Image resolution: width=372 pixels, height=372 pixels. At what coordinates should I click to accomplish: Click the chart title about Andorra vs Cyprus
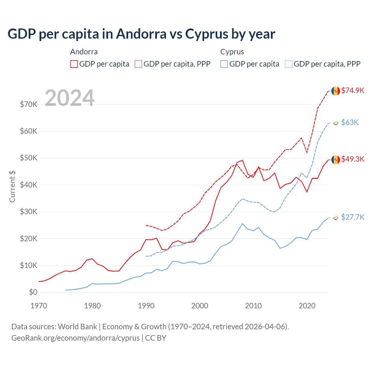[x=141, y=34]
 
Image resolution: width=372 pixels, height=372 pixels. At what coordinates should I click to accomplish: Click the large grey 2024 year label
[x=69, y=98]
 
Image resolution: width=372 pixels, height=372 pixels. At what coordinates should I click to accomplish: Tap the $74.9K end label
[x=353, y=90]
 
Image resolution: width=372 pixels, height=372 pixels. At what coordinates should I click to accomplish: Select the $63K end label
[x=350, y=122]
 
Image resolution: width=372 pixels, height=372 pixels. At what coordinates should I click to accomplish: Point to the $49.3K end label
[x=353, y=159]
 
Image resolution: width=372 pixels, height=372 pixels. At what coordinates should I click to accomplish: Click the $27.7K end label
[x=353, y=217]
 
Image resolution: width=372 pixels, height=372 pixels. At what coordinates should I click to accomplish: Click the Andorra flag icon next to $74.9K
[x=336, y=91]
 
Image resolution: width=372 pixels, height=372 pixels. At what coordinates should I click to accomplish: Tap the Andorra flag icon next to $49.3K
[x=336, y=160]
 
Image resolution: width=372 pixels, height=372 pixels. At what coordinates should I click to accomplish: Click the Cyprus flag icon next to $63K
[x=336, y=123]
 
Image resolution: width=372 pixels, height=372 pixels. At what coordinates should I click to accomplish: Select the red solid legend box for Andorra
[x=74, y=64]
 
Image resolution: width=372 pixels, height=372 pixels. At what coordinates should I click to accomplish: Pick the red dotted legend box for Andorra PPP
[x=138, y=64]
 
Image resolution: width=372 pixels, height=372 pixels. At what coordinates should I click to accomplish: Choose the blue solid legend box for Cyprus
[x=224, y=64]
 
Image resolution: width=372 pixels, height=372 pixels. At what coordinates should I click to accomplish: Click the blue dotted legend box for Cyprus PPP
[x=289, y=64]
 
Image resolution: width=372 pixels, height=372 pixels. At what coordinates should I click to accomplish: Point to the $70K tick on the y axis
[x=28, y=104]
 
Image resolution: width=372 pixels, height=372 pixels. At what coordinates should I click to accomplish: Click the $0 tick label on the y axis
[x=33, y=292]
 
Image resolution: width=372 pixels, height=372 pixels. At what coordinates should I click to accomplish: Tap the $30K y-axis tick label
[x=28, y=212]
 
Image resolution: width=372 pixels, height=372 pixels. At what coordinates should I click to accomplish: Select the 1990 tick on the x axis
[x=146, y=306]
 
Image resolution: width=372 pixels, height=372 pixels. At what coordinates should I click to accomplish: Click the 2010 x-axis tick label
[x=253, y=306]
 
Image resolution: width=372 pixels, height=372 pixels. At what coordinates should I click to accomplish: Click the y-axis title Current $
[x=12, y=187]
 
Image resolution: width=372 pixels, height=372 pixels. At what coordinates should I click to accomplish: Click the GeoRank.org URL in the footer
[x=76, y=338]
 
